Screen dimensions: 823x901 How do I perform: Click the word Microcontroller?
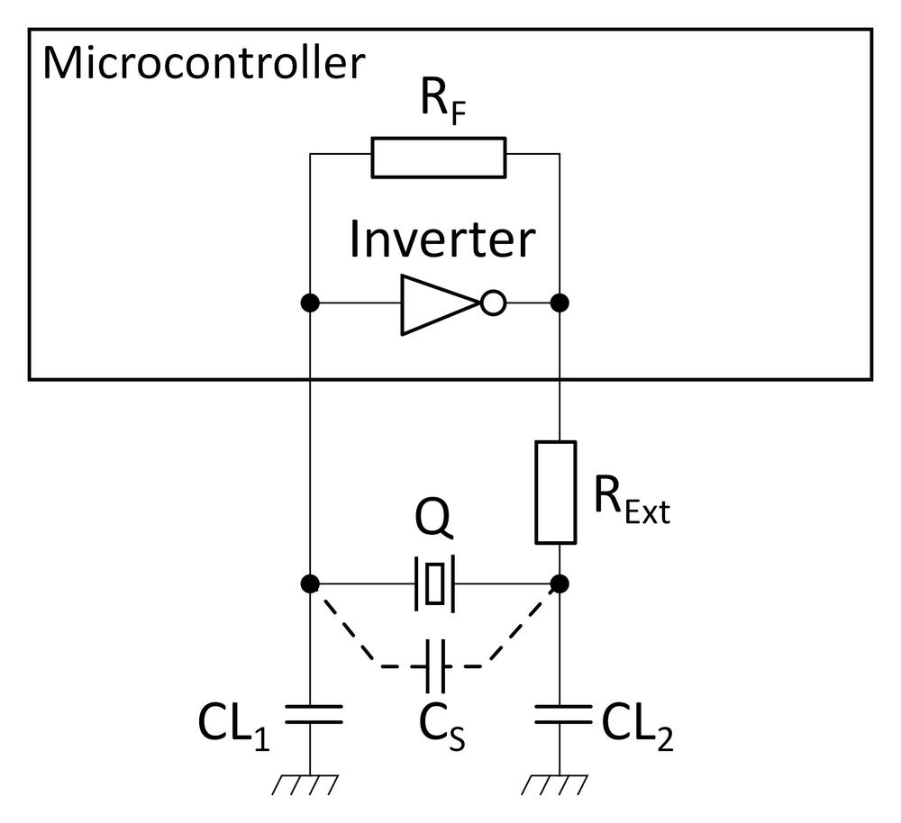coord(204,64)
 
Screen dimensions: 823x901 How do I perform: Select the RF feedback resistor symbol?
coord(438,158)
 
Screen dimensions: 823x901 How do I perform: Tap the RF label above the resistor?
coord(439,105)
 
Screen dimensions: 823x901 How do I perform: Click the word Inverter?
coord(441,240)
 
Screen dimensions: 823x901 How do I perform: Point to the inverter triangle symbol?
coord(437,304)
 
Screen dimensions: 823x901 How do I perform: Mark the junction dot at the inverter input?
coord(309,303)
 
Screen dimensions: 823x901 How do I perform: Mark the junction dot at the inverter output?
coord(560,303)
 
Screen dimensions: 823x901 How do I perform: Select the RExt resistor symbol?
coord(556,492)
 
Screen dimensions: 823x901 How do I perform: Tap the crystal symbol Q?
coord(434,583)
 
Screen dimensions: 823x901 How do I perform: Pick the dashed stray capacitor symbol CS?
coord(435,667)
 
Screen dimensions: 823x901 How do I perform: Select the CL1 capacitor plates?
coord(309,715)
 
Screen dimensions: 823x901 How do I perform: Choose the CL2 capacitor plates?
coord(560,715)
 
